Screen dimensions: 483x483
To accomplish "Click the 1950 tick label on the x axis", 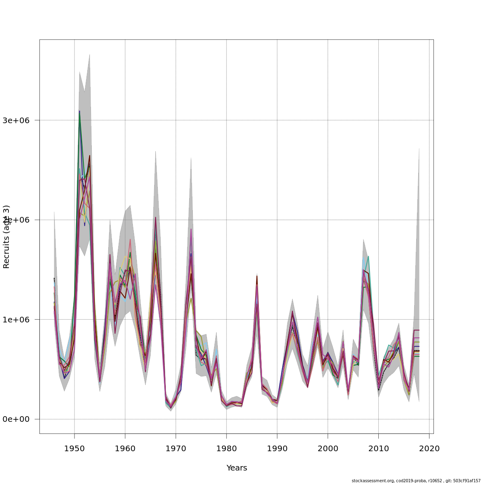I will [74, 448].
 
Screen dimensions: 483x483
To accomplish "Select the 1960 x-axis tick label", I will [125, 448].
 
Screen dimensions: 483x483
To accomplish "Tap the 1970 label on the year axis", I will [176, 448].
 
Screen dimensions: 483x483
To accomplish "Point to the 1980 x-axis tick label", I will [226, 448].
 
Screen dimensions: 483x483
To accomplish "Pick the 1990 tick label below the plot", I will [277, 448].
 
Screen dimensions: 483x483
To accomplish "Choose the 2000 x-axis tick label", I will [328, 448].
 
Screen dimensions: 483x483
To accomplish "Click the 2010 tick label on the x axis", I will [378, 448].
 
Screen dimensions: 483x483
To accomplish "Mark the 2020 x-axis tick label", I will [429, 448].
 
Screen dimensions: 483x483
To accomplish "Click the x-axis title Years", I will [237, 468].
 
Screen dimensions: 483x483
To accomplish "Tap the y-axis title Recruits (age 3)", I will [6, 237].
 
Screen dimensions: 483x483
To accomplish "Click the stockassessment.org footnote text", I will [416, 481].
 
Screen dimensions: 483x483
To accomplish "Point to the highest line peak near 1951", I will [80, 111].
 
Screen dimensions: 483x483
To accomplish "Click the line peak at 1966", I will [155, 217].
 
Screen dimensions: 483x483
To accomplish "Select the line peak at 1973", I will [191, 229].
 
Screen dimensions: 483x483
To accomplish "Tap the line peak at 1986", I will [257, 276].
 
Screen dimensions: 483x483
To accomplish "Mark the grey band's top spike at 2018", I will [419, 148].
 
